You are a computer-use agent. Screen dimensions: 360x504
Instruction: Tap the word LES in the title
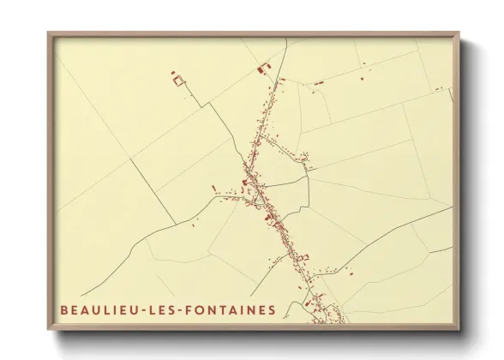pos(160,309)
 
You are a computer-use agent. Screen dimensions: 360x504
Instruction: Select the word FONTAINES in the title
pos(231,309)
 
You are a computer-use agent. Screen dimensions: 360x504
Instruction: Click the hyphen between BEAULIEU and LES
pos(138,309)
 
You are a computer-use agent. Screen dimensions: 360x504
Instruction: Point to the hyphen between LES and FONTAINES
pos(183,309)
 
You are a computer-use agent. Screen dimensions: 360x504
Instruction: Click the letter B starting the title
pos(63,309)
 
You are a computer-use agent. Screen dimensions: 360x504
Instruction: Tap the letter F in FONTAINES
pos(194,309)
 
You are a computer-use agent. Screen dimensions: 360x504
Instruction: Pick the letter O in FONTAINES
pos(205,309)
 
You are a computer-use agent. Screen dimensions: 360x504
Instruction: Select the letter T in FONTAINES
pos(226,309)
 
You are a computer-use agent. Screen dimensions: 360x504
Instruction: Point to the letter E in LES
pos(160,309)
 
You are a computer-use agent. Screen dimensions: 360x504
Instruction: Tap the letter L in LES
pos(149,309)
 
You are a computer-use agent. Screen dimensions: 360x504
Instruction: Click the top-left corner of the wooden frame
pos(49,34)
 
